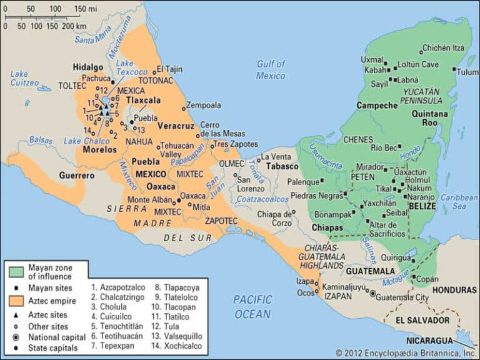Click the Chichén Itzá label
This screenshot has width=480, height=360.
point(443,47)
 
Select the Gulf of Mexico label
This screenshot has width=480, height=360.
point(271,69)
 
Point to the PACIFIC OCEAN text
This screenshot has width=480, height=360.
point(252,306)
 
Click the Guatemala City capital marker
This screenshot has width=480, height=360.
point(373,293)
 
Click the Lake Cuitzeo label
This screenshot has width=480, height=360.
point(23,79)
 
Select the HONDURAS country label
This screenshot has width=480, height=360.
point(454,291)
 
